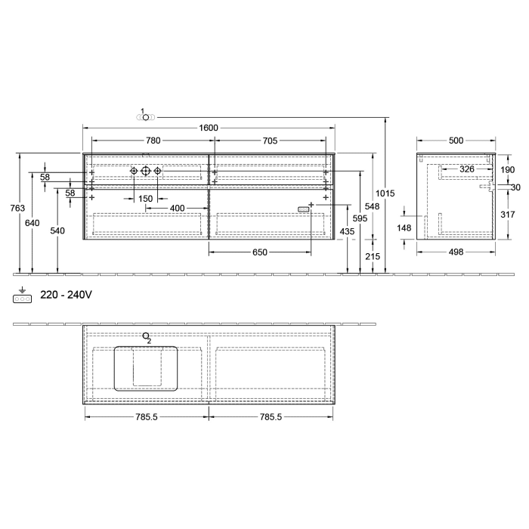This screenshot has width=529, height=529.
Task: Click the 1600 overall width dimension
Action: click(209, 128)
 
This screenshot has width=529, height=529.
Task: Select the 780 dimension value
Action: click(152, 141)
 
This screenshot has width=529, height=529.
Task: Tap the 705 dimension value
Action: click(270, 141)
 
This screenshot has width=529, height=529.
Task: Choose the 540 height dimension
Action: click(57, 230)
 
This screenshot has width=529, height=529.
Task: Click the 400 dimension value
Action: click(177, 207)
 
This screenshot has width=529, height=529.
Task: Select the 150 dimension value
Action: click(145, 198)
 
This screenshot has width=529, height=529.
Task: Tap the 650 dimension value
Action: click(259, 252)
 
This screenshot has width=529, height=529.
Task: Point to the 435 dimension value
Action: click(347, 230)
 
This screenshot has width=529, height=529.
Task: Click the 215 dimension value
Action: click(373, 257)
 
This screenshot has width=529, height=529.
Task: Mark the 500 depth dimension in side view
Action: click(456, 141)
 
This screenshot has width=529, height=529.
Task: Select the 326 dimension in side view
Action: click(467, 169)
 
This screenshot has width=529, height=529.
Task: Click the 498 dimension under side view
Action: click(456, 252)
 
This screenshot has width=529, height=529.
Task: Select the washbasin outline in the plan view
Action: click(146, 368)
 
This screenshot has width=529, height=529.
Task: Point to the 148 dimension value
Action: click(406, 228)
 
